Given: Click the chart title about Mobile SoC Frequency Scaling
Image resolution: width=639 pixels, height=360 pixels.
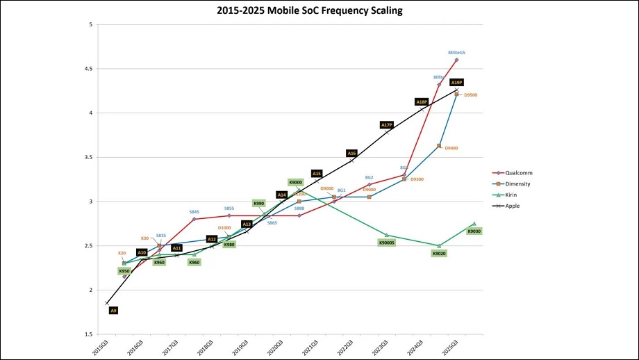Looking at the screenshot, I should pyautogui.click(x=319, y=10).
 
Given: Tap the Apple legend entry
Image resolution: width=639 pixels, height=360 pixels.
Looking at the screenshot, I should pyautogui.click(x=513, y=206).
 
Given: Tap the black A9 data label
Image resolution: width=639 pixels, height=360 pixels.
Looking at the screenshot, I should pyautogui.click(x=113, y=311).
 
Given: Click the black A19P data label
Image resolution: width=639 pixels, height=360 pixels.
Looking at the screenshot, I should pyautogui.click(x=456, y=82).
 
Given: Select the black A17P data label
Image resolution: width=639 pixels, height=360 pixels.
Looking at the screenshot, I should pyautogui.click(x=387, y=125).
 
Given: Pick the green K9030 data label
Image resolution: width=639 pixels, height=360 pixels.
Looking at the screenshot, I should pyautogui.click(x=474, y=231).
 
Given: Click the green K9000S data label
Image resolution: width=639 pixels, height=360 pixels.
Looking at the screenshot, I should pyautogui.click(x=387, y=243).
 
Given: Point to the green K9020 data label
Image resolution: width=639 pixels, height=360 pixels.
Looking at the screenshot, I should pyautogui.click(x=439, y=254).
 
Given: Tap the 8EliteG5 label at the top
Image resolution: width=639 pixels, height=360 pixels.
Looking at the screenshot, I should pyautogui.click(x=456, y=52).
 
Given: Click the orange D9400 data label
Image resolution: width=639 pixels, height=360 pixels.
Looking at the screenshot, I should pyautogui.click(x=451, y=148).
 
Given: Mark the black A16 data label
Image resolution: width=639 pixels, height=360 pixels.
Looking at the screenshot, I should pyautogui.click(x=351, y=153).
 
